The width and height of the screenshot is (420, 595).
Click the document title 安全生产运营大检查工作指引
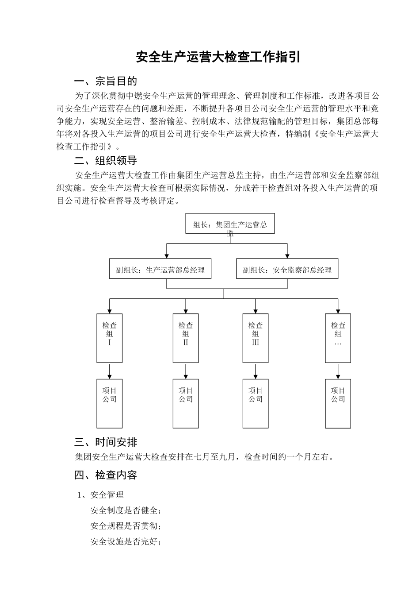click(x=218, y=58)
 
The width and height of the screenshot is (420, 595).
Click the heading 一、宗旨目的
click(x=106, y=81)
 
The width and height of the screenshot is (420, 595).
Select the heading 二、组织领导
click(x=106, y=160)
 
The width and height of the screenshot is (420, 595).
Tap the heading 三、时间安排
click(x=106, y=442)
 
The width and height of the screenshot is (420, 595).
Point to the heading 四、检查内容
click(x=106, y=475)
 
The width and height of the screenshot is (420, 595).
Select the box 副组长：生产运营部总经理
click(x=160, y=269)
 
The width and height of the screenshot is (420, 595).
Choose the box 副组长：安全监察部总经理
click(x=287, y=269)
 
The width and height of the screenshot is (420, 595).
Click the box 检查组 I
click(x=110, y=338)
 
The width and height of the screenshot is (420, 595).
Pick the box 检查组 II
click(x=186, y=338)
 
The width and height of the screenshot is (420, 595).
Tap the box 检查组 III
click(x=256, y=338)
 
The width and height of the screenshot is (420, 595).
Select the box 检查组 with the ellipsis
click(x=338, y=338)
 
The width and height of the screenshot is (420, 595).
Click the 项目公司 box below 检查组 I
click(x=110, y=403)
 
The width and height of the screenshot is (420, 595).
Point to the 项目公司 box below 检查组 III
click(x=256, y=403)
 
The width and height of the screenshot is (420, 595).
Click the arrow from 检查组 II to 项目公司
click(x=186, y=371)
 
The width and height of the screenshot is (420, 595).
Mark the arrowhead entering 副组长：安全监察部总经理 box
click(x=287, y=255)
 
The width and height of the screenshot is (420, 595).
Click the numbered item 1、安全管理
click(x=101, y=495)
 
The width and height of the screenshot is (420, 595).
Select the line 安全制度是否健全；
click(x=126, y=510)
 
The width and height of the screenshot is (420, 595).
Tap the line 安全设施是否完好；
click(x=126, y=541)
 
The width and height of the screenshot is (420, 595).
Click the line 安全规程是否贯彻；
click(x=126, y=526)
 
